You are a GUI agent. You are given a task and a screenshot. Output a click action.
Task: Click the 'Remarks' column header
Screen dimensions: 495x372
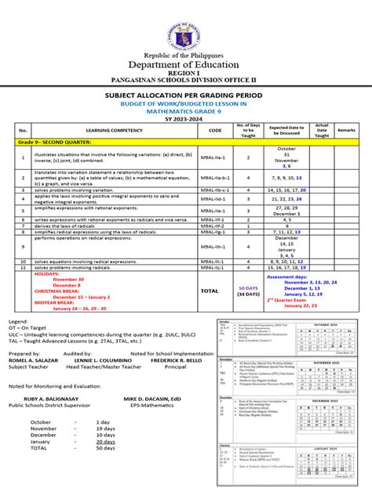(346, 129)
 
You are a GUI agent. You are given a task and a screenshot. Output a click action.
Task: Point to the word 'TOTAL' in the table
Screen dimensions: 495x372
(210, 290)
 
